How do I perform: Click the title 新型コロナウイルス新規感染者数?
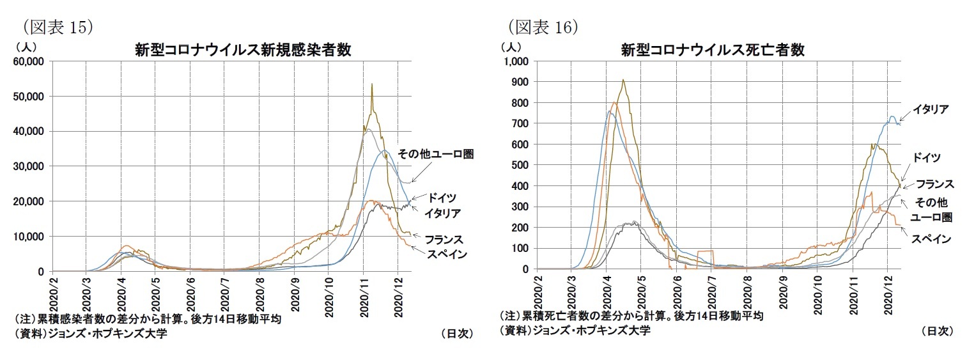(x=243, y=50)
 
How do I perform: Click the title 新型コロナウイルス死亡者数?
(x=713, y=50)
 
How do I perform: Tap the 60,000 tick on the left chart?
(x=27, y=61)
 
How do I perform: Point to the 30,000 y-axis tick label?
(x=27, y=166)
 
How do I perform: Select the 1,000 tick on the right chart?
(x=516, y=61)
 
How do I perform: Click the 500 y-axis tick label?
(x=520, y=165)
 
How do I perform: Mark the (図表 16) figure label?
(x=543, y=27)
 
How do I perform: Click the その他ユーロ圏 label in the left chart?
(x=435, y=154)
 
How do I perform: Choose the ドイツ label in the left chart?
(x=442, y=197)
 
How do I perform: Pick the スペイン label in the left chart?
(x=446, y=254)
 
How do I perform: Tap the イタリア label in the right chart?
(x=930, y=109)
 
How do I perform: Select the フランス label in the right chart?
(x=935, y=184)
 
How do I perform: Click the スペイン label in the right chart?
(x=931, y=239)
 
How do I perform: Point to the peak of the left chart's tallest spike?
(x=372, y=84)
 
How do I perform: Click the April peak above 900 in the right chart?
(x=623, y=80)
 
